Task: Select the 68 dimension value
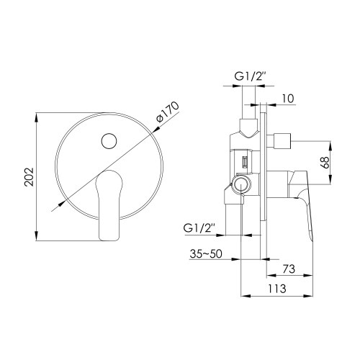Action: (x=325, y=163)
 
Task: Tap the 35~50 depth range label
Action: (x=207, y=255)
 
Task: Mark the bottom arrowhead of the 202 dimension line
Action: (x=38, y=240)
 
